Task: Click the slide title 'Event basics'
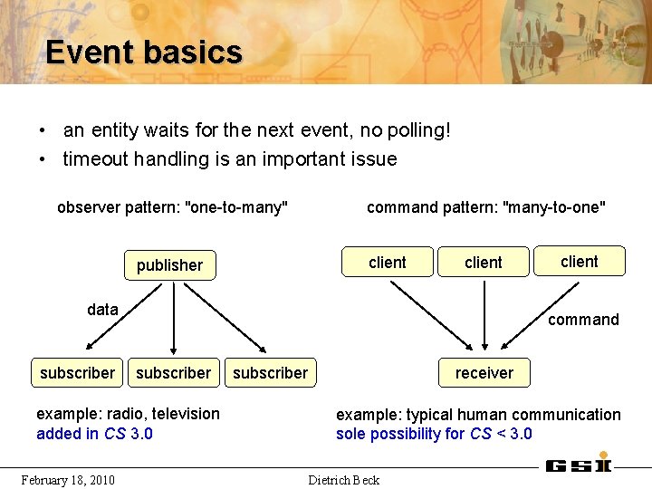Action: pos(144,52)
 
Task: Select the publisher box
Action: pos(169,265)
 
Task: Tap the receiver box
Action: pos(484,373)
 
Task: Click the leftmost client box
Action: pos(387,263)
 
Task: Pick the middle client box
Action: pos(483,263)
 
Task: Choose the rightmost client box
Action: pos(579,262)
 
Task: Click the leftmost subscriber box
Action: pos(77,373)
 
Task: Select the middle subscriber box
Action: pos(173,373)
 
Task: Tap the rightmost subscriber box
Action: pos(270,373)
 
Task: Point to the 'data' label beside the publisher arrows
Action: pos(102,310)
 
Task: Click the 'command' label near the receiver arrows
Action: pos(583,320)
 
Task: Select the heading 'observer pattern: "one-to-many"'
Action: pos(172,207)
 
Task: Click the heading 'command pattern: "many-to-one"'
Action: pos(485,207)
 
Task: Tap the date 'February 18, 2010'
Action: pos(68,479)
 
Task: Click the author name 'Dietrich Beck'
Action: pos(344,479)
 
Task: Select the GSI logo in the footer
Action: pos(578,465)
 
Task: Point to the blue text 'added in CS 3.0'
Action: pos(94,434)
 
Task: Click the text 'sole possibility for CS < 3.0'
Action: pos(434,434)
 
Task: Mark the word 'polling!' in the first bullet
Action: pos(418,130)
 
